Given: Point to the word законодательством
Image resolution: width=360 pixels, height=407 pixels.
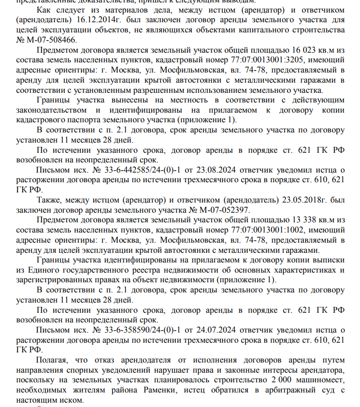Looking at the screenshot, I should (x=54, y=110).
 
